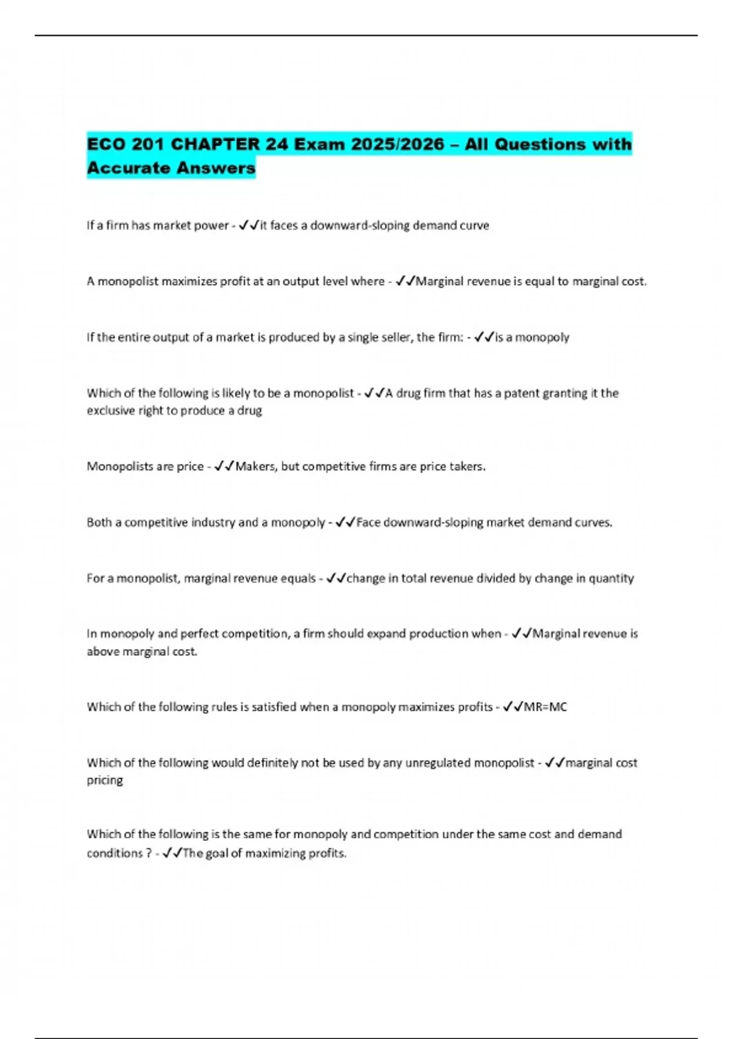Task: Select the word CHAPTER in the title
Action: (215, 145)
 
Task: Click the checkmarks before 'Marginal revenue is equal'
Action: (405, 282)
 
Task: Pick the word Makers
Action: (256, 467)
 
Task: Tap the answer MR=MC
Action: (545, 707)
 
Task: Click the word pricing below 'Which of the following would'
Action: (104, 780)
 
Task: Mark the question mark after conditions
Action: (149, 853)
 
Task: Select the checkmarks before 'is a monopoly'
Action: (484, 337)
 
